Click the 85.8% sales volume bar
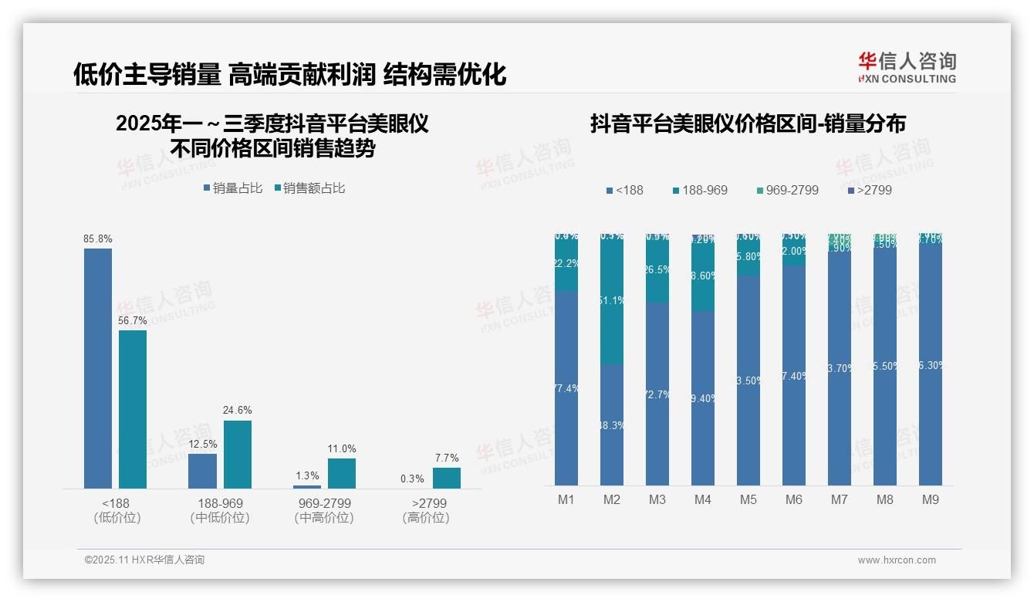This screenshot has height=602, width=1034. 98,368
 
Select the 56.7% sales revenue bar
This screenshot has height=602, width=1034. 133,409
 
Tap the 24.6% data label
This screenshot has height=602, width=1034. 238,411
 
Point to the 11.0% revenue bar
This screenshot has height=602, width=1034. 342,473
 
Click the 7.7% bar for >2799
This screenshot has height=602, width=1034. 446,478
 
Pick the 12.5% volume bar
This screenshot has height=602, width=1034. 202,471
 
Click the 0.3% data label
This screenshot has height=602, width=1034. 413,479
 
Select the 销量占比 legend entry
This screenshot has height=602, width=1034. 233,188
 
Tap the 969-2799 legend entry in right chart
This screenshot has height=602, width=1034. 787,190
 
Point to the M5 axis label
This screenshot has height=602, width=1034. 748,500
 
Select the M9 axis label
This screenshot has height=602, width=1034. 931,500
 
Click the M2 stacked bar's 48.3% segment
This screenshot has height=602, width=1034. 612,424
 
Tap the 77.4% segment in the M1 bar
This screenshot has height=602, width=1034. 566,388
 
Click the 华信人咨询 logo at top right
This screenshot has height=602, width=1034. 907,67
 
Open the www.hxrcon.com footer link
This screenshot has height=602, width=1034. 897,560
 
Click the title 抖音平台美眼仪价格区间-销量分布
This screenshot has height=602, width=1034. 748,123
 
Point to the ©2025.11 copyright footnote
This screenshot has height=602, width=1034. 144,560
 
